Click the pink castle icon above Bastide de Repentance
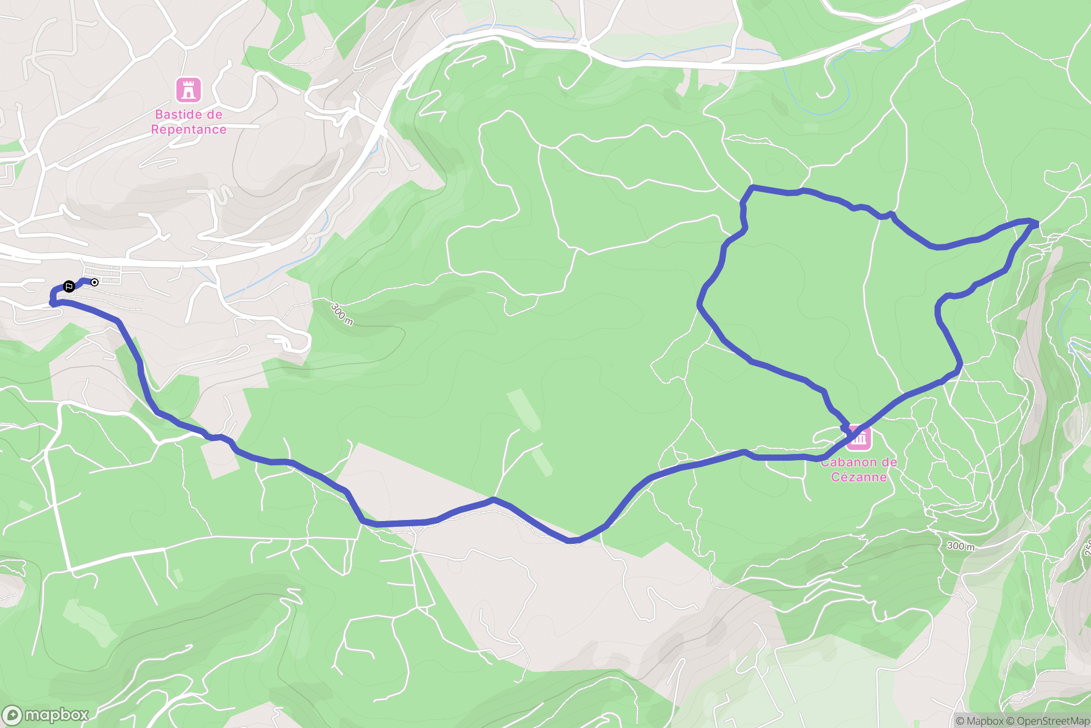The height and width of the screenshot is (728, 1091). coord(189,90)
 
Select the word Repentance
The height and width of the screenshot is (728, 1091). coord(189,129)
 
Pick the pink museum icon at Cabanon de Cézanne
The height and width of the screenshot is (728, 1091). coord(859,438)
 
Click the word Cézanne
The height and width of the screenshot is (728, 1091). coord(859,477)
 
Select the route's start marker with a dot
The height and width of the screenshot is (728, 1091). coord(95,282)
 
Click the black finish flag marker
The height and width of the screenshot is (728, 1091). coord(69,287)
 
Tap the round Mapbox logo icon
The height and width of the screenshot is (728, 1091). coord(12,715)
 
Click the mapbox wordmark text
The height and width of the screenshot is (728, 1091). coord(56,715)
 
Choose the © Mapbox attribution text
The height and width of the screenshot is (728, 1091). coord(979,721)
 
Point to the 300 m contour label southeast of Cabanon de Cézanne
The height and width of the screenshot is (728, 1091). coord(961,546)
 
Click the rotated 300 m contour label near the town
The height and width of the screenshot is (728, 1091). coord(342,314)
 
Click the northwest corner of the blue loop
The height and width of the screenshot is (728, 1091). coord(751,187)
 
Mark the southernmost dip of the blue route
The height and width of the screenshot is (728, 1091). coord(571,541)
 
